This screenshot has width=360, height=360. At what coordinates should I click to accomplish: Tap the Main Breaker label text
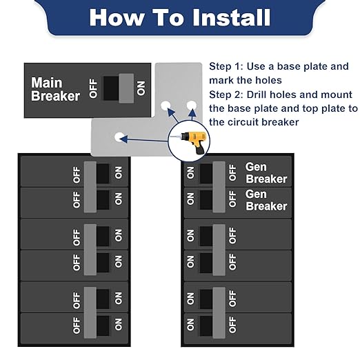(x=55, y=90)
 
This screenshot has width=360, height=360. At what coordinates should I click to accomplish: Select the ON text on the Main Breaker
(x=141, y=88)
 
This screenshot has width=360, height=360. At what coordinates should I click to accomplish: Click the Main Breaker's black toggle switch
(x=110, y=88)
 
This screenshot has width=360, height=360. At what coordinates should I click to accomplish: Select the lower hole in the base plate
(x=119, y=137)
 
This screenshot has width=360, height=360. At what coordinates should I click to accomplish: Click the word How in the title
(x=113, y=18)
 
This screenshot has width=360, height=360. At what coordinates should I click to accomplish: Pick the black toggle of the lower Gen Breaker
(x=206, y=199)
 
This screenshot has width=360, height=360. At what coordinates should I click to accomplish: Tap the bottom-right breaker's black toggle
(x=206, y=324)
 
